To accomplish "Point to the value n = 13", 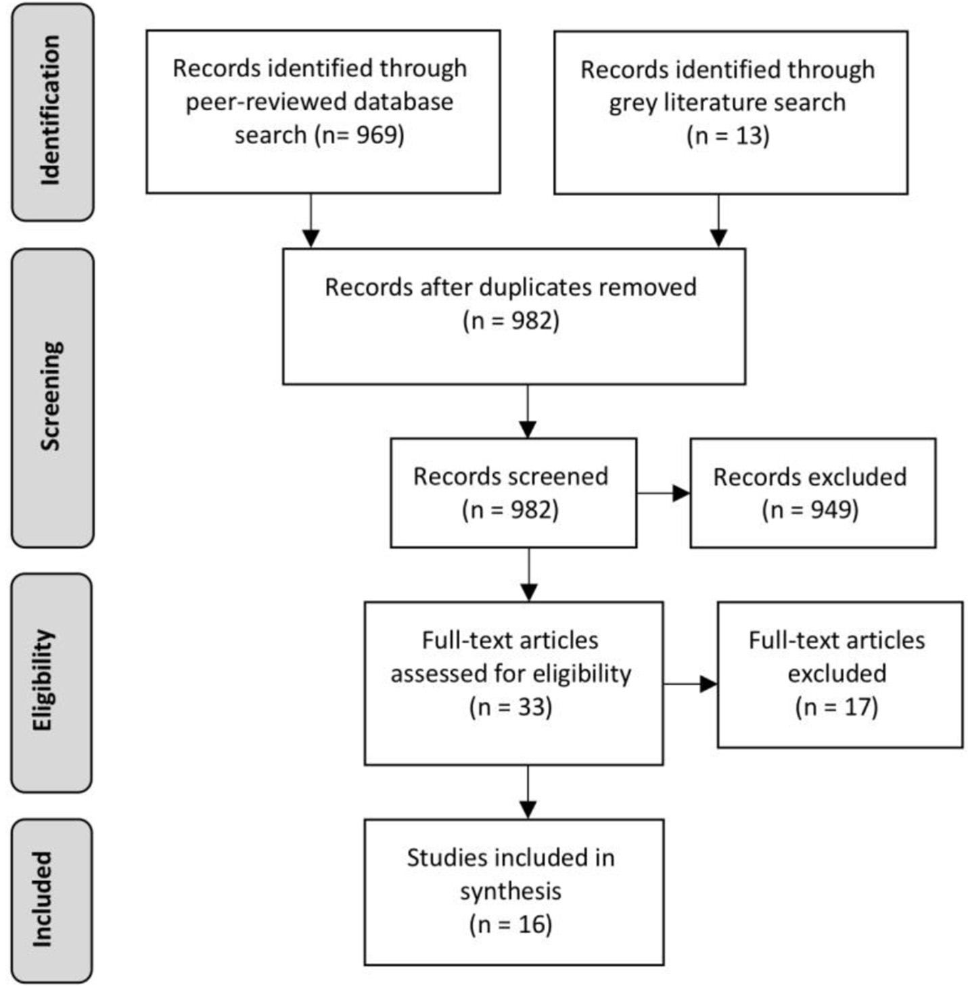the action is click(728, 136).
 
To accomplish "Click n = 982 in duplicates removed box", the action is click(511, 320).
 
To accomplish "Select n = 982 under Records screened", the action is click(511, 509).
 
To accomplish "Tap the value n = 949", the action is click(810, 509).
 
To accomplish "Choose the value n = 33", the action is click(511, 707).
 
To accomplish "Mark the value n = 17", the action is click(837, 707).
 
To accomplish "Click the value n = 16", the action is click(511, 924).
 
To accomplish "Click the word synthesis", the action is click(511, 891).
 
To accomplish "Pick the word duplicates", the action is click(534, 287).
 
